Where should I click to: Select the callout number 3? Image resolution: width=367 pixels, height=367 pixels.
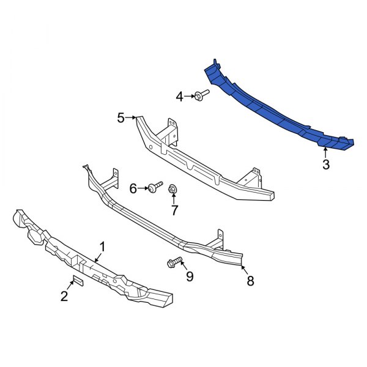[326, 164]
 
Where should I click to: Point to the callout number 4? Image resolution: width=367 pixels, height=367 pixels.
[180, 96]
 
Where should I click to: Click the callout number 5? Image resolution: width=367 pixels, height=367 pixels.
[120, 117]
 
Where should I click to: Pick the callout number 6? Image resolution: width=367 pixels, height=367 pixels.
[133, 189]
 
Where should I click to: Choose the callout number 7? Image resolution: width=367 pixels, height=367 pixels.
[174, 211]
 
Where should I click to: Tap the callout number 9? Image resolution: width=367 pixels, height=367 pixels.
[189, 276]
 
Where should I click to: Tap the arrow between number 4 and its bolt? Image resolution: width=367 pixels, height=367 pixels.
[189, 95]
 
